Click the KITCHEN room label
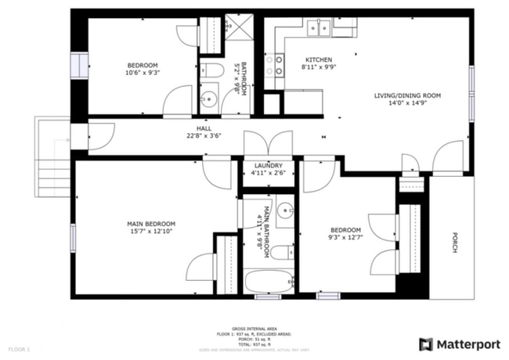pyautogui.click(x=319, y=59)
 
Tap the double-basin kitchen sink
pyautogui.click(x=317, y=29)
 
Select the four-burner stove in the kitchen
pyautogui.click(x=273, y=69)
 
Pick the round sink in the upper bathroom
pyautogui.click(x=207, y=99)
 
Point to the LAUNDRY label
pyautogui.click(x=269, y=166)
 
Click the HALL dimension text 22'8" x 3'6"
pyautogui.click(x=204, y=135)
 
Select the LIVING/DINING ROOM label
pyautogui.click(x=407, y=95)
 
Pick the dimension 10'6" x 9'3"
pyautogui.click(x=143, y=73)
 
